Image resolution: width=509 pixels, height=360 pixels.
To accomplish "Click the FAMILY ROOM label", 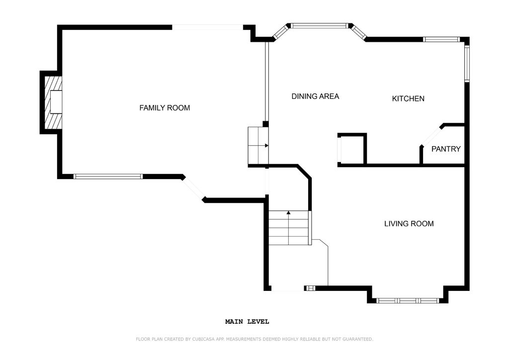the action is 165,108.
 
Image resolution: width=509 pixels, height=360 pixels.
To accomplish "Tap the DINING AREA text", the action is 315,96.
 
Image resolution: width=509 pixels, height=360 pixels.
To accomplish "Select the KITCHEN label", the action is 408,98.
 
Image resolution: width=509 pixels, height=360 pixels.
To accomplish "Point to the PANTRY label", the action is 446,149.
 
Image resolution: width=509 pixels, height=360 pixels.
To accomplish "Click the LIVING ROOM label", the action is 409,224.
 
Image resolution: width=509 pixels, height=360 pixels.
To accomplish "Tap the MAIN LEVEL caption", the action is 247,322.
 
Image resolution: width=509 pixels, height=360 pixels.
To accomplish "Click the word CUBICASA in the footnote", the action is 204,339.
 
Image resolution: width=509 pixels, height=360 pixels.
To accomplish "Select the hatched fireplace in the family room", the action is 53,102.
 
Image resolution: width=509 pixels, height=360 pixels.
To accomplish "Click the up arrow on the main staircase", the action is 288,212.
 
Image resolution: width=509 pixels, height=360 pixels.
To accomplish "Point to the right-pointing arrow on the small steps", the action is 266,146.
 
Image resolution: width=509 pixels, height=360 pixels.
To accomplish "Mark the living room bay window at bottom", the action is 408,301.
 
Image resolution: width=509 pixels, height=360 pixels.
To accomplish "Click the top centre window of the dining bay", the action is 319,26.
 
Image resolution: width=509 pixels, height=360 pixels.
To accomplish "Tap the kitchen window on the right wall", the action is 467,63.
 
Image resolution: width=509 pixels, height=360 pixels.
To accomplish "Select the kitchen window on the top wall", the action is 441,40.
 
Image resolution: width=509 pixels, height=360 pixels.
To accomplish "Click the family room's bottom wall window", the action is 108,177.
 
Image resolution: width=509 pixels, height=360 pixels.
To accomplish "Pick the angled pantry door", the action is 431,136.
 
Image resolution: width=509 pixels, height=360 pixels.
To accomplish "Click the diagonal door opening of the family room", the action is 193,188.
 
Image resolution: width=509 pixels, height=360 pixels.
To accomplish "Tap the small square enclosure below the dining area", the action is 352,150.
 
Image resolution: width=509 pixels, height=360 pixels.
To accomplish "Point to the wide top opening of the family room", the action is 207,27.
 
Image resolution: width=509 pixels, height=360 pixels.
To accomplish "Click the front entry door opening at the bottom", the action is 288,288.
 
